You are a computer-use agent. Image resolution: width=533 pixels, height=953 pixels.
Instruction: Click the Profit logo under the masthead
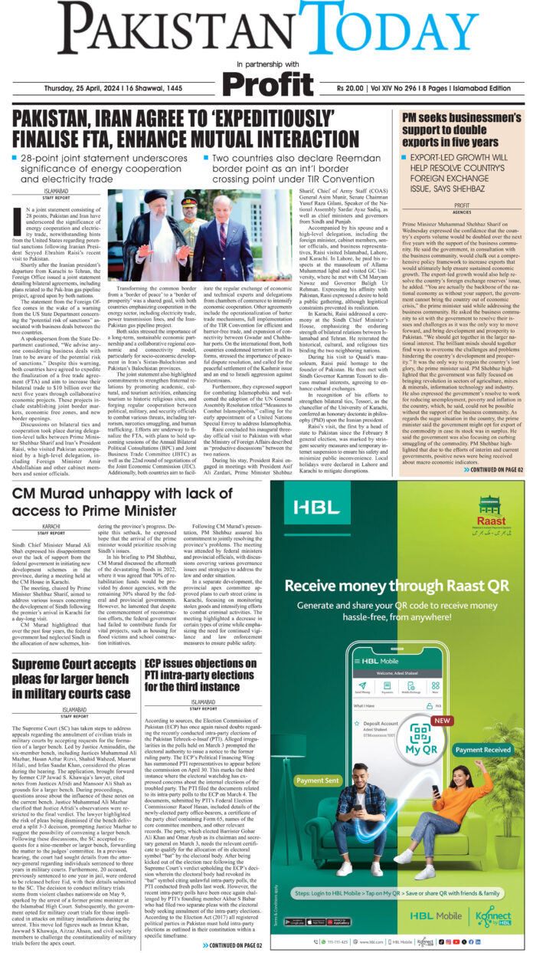point(267,83)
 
